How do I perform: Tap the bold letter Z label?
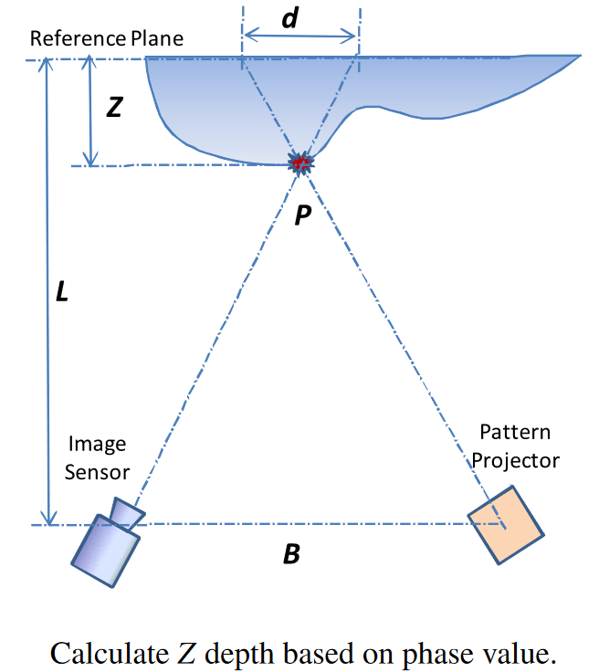tap(114, 108)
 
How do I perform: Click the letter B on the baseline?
tap(291, 553)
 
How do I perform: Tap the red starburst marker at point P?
tap(300, 163)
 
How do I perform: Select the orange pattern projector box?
tap(506, 523)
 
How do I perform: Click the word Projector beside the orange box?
tap(518, 459)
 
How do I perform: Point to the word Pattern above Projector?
tap(516, 432)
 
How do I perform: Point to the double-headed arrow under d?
tap(299, 37)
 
